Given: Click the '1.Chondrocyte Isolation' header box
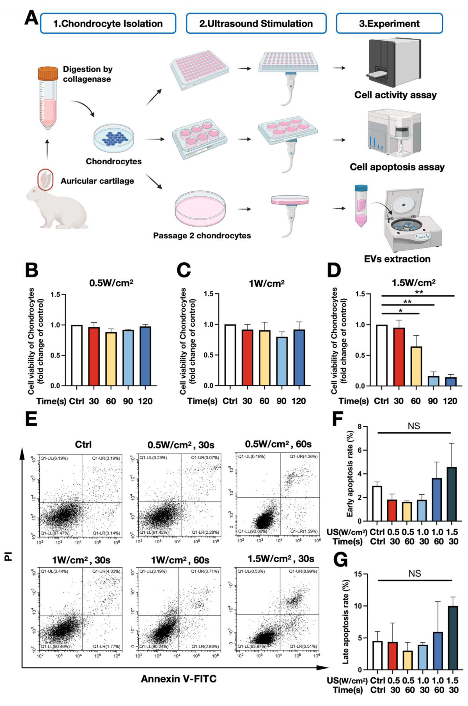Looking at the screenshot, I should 108,24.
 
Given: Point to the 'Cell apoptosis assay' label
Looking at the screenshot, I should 397,167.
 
